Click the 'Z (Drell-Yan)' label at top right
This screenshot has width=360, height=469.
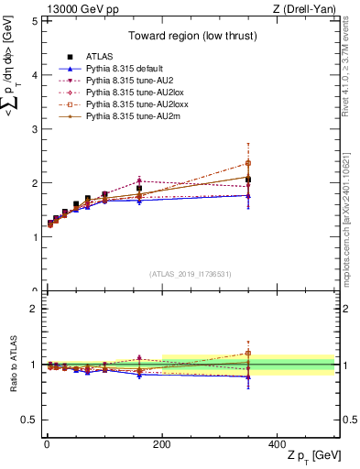tap(308, 9)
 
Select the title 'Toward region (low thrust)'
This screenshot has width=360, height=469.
tap(191, 38)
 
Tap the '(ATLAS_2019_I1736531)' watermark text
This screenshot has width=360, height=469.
tap(191, 274)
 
